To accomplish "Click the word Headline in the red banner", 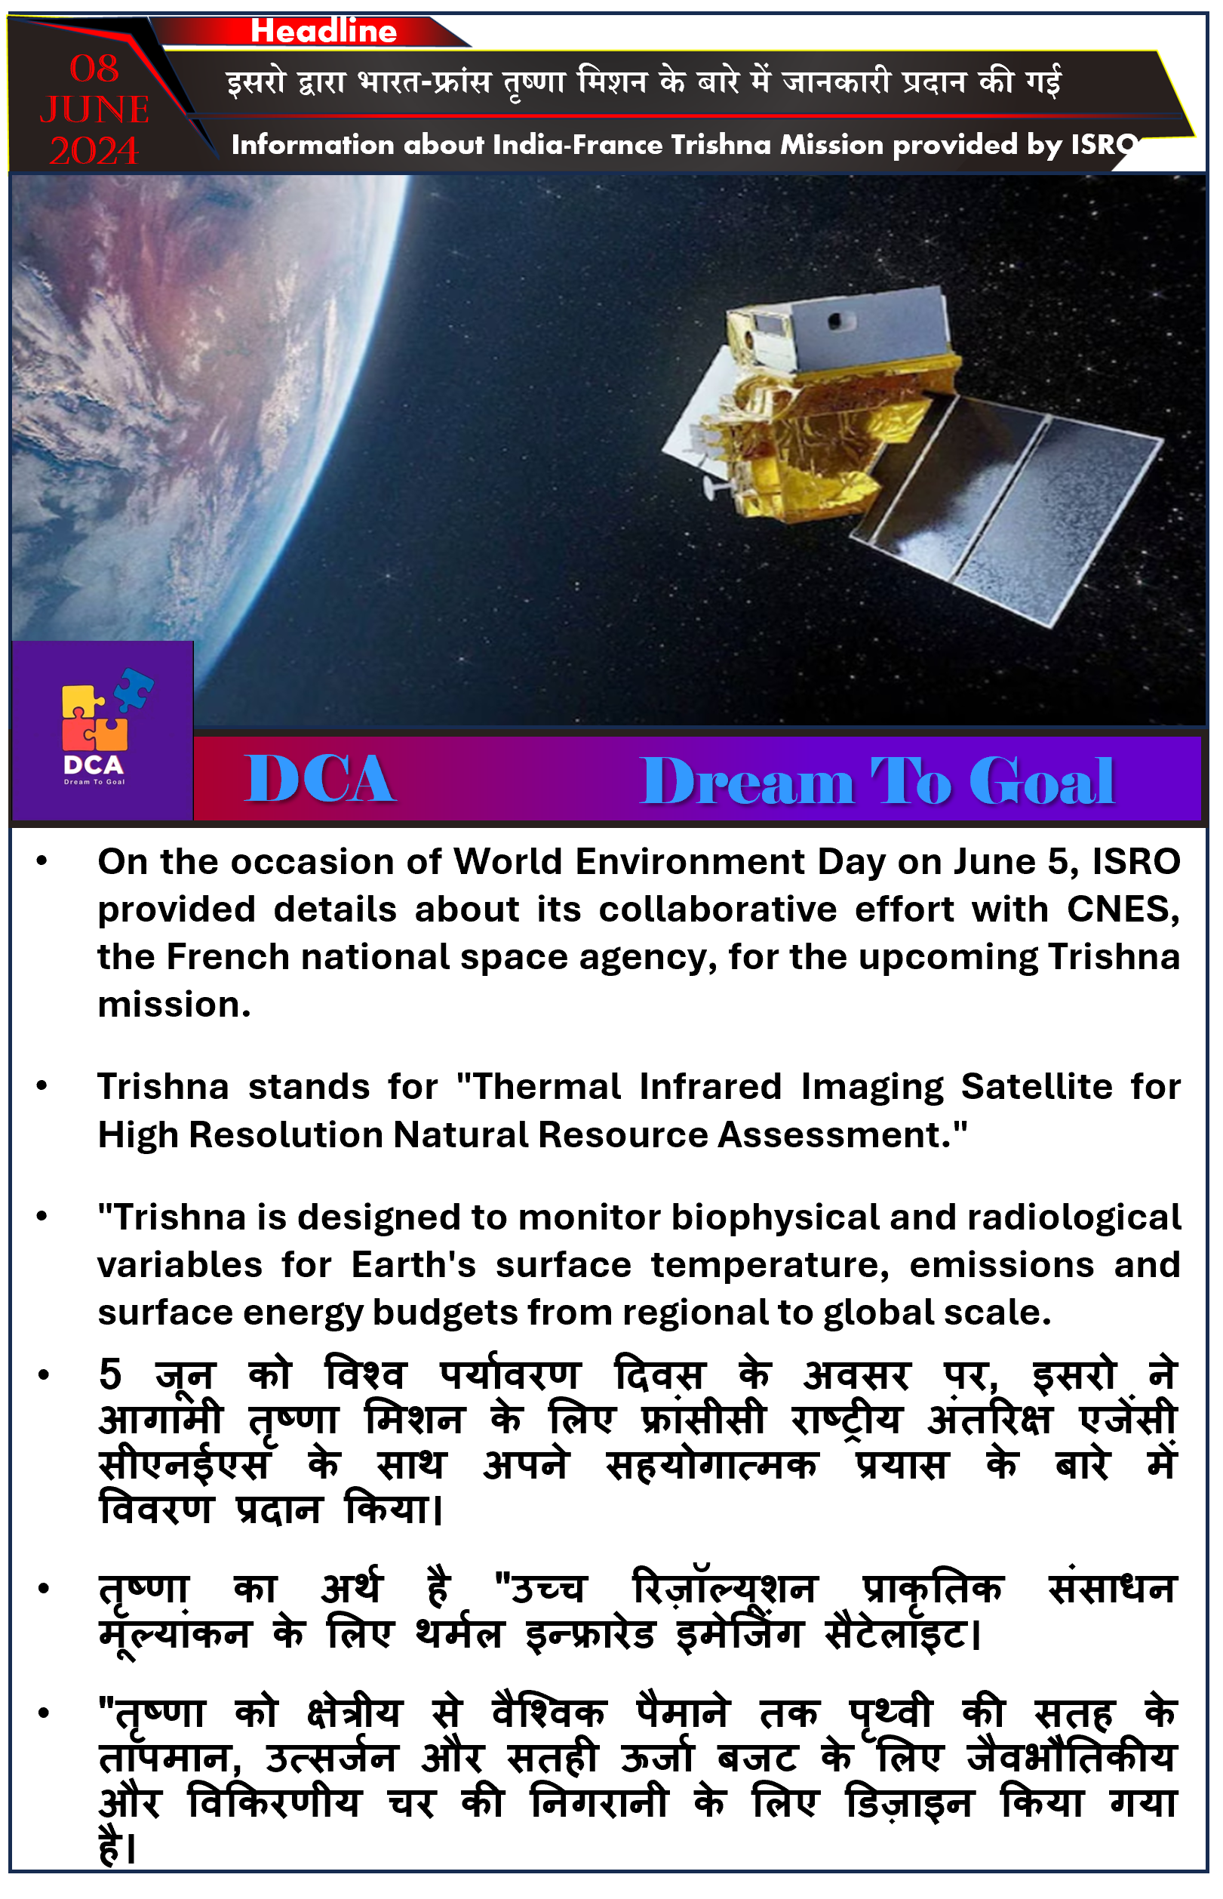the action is [324, 31].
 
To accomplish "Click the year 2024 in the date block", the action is [94, 151].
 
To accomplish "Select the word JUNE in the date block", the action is [94, 109].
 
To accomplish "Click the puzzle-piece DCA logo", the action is [102, 727].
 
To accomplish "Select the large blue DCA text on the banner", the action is [319, 780].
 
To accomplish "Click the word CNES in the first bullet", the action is [1122, 910].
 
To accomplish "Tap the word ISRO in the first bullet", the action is [1136, 863].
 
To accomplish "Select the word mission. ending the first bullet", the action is [175, 1005].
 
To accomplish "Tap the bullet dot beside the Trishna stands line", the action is [42, 1087].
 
